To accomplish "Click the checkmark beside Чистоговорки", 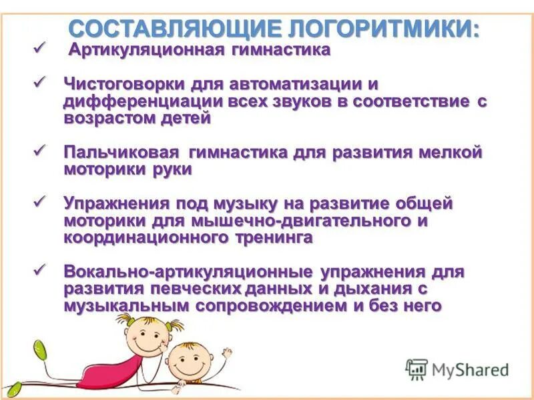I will tap(39, 83).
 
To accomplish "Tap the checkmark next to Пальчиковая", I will tap(39, 150).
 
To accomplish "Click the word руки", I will tap(173, 169).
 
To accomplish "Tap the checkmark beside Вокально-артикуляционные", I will tap(39, 270).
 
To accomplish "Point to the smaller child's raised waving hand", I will tap(226, 351).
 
